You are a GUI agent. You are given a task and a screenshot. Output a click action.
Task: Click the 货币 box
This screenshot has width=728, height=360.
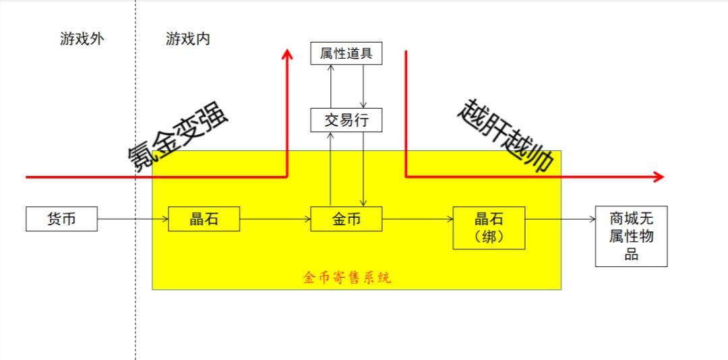pos(62,219)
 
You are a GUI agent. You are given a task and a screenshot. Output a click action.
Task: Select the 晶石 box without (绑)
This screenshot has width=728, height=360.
pos(204,219)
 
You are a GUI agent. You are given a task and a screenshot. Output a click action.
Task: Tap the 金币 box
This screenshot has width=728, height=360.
pos(346,219)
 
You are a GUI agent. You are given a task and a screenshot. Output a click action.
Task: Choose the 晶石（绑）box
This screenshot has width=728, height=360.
pos(489,228)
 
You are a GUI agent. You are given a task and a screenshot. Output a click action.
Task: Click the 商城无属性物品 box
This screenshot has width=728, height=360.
pos(632,237)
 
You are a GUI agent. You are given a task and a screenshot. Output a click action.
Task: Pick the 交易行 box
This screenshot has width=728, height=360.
pos(346,120)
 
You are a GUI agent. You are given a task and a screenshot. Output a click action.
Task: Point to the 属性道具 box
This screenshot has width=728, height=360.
pos(346,53)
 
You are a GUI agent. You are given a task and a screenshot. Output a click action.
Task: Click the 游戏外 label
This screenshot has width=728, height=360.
pos(82,39)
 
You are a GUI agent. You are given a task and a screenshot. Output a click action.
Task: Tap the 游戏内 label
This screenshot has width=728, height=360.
pos(187,39)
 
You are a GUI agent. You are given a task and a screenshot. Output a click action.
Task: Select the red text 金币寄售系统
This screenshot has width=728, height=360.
pos(347,278)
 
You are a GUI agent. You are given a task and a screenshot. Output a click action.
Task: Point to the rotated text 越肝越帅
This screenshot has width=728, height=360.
pos(506,135)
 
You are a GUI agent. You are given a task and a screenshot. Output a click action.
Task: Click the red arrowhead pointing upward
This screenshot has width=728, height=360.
pos(288,53)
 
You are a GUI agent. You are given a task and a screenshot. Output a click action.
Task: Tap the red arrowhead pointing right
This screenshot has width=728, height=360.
pos(659,177)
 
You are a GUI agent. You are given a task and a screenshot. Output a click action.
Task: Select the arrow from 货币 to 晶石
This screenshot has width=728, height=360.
pos(133,219)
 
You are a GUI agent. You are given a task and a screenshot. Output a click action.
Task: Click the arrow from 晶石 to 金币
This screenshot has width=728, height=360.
pos(275,219)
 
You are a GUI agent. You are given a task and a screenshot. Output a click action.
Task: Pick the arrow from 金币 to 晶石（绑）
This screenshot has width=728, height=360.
pos(417,219)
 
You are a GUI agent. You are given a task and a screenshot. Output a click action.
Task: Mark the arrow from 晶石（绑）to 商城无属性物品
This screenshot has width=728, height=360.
pos(560,219)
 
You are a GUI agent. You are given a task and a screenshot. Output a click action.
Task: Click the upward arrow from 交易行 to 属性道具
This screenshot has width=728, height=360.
pos(330,86)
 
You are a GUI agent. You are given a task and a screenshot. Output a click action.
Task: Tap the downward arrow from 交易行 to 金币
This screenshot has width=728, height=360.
pos(363,169)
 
